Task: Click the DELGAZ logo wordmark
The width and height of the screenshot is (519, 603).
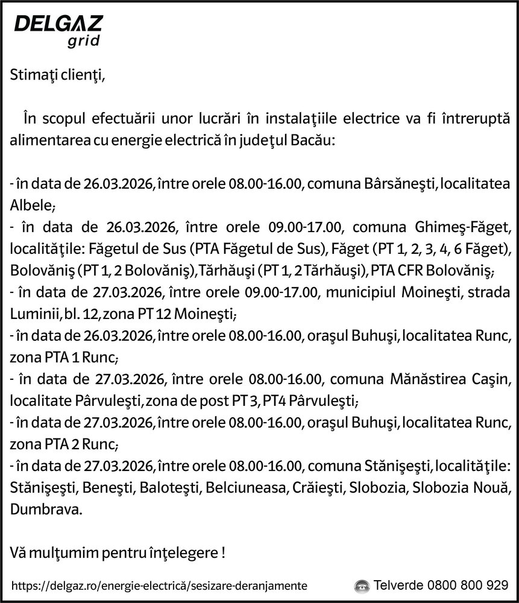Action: tap(58, 24)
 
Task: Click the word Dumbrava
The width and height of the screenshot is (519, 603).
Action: tap(46, 509)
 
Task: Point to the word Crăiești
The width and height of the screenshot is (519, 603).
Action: tap(318, 487)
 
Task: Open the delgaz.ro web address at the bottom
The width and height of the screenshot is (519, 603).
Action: tap(159, 586)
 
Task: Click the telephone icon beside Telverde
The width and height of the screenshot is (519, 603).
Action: tap(362, 586)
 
